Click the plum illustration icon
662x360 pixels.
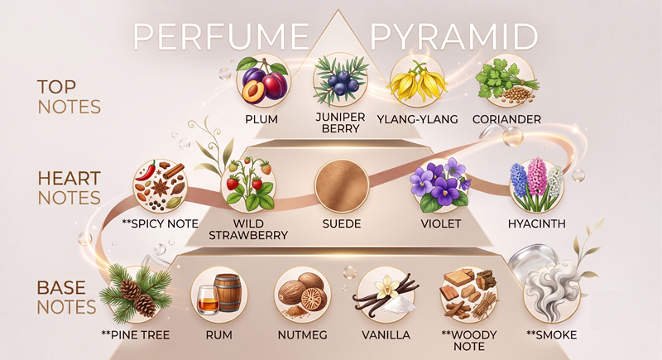pyautogui.click(x=263, y=80)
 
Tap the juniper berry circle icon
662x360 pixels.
pyautogui.click(x=341, y=80)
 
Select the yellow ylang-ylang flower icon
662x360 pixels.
pyautogui.click(x=418, y=80)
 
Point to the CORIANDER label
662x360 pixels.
pyautogui.click(x=506, y=119)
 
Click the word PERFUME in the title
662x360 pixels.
pyautogui.click(x=222, y=36)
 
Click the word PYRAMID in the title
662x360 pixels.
pyautogui.click(x=454, y=36)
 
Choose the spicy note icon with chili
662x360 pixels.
pyautogui.click(x=160, y=185)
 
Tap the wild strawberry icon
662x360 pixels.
pyautogui.click(x=248, y=185)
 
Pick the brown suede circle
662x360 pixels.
pyautogui.click(x=342, y=185)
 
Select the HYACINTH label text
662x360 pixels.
pyautogui.click(x=536, y=223)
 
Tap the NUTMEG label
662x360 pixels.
pyautogui.click(x=302, y=335)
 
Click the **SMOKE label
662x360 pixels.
pyautogui.click(x=551, y=335)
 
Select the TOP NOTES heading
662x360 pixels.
pyautogui.click(x=70, y=97)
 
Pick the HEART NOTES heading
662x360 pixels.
pyautogui.click(x=70, y=188)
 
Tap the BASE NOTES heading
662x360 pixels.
pyautogui.click(x=67, y=297)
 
